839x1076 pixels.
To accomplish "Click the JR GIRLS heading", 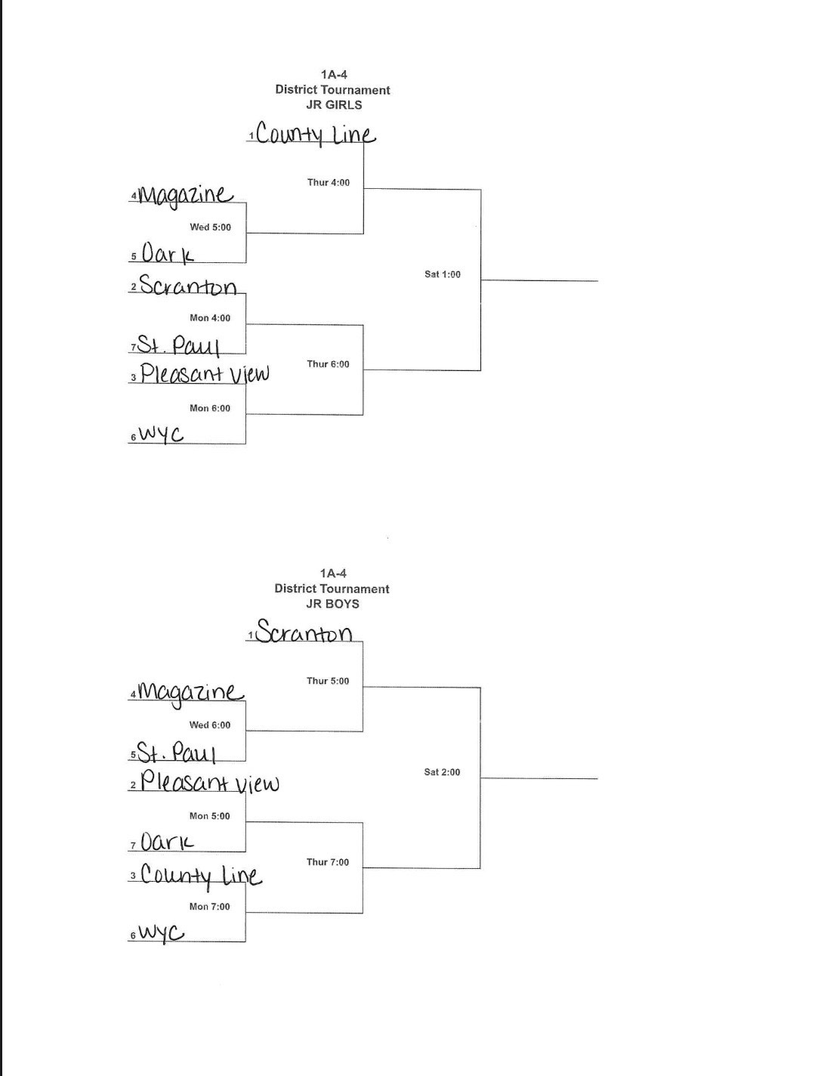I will pos(333,105).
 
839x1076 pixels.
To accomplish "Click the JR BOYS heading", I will pos(332,604).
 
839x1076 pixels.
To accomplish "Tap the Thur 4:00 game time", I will pos(329,182).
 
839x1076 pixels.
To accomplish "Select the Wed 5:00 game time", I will pos(211,227).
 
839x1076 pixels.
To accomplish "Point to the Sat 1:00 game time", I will pos(443,274).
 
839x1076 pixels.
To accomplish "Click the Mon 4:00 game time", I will pos(210,318).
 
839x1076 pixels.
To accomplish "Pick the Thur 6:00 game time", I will pos(329,364).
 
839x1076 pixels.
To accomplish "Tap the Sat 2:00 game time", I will pos(442,772).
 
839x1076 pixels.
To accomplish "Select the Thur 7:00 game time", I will pos(328,862).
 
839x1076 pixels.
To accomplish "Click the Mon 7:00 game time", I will pos(210,907).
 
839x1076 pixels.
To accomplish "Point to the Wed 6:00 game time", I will pos(210,725).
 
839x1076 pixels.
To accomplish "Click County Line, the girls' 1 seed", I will pos(315,134).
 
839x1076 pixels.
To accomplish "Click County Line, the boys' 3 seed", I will pos(201,875).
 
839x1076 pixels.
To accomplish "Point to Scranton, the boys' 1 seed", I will pos(304,632).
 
